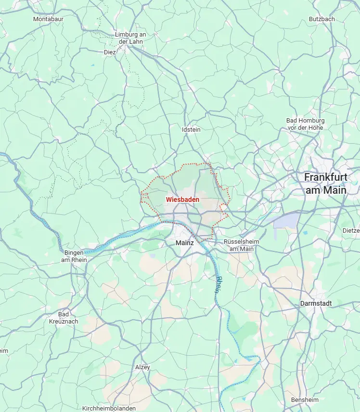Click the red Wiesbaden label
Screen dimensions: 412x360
tap(182, 199)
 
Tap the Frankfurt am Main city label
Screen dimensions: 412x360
tap(325, 183)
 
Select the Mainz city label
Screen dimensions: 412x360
tap(184, 243)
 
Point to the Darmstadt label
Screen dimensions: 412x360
tap(316, 303)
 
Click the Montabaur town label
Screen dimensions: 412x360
tap(48, 19)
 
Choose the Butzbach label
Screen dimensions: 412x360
tap(321, 19)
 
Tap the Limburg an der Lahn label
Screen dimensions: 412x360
tap(130, 38)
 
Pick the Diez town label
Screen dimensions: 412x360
tap(110, 52)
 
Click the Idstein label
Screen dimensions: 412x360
tap(191, 129)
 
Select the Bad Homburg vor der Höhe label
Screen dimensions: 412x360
tap(305, 124)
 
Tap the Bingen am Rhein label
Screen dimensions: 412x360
tap(74, 256)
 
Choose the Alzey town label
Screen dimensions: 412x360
tap(142, 367)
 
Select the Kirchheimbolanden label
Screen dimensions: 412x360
tap(109, 408)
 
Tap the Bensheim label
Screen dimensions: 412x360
tap(305, 400)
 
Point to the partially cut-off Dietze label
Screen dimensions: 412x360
tap(351, 230)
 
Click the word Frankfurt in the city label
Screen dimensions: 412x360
tap(325, 177)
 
